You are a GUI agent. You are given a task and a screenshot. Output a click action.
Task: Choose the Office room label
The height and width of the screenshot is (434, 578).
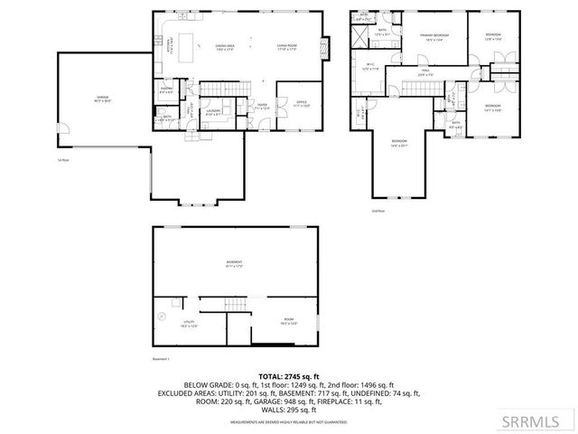(302, 104)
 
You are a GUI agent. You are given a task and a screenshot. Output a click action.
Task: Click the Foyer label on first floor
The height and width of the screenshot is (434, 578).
(260, 106)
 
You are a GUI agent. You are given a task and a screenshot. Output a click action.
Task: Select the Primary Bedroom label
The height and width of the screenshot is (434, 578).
(435, 37)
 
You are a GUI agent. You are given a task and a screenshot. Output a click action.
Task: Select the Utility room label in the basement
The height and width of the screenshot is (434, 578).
(188, 324)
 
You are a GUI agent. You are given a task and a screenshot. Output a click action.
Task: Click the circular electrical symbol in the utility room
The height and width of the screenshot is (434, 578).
(163, 316)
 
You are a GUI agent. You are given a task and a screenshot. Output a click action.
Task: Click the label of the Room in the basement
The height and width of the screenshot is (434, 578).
(287, 322)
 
